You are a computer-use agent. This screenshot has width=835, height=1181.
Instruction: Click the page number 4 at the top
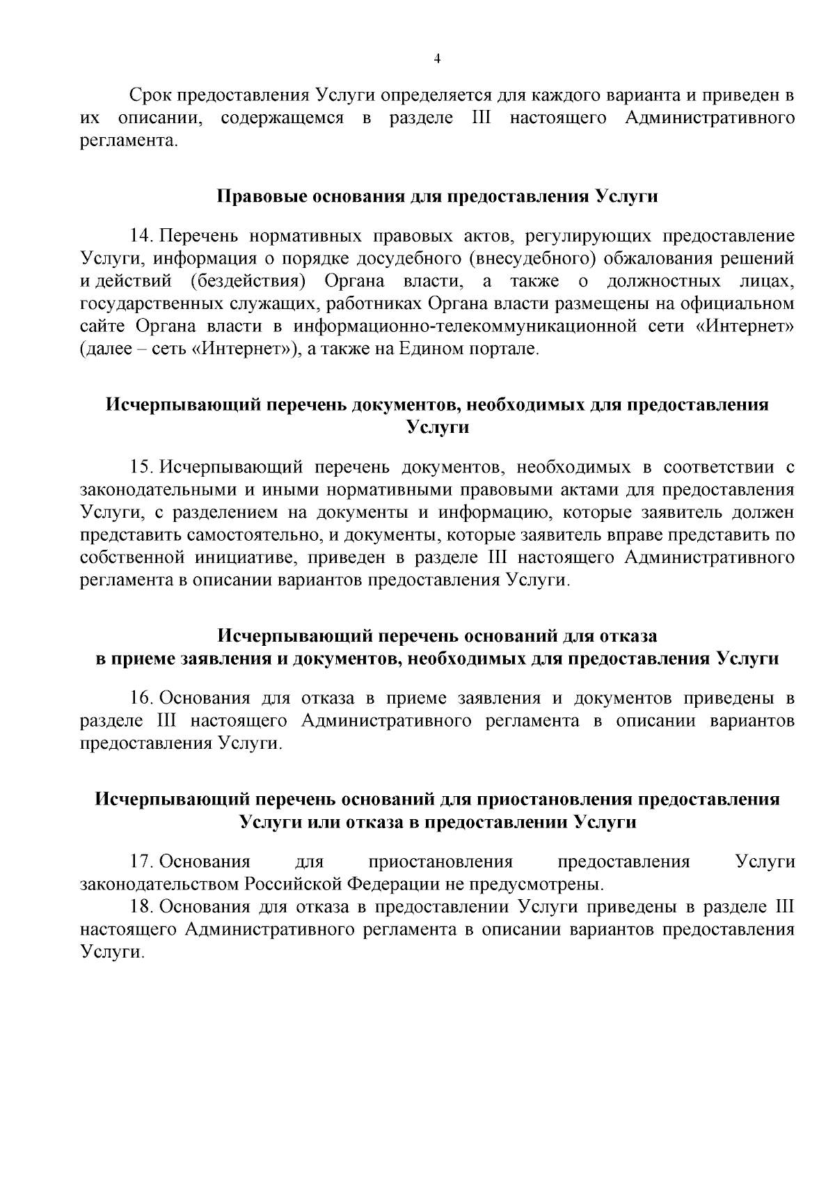click(x=437, y=59)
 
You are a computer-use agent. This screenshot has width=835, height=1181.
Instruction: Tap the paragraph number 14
click(x=142, y=236)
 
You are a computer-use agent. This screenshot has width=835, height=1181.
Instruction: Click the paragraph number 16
click(x=142, y=698)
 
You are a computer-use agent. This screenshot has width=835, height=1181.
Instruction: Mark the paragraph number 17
click(x=142, y=862)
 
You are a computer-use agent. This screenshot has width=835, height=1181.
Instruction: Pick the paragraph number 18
click(x=142, y=907)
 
